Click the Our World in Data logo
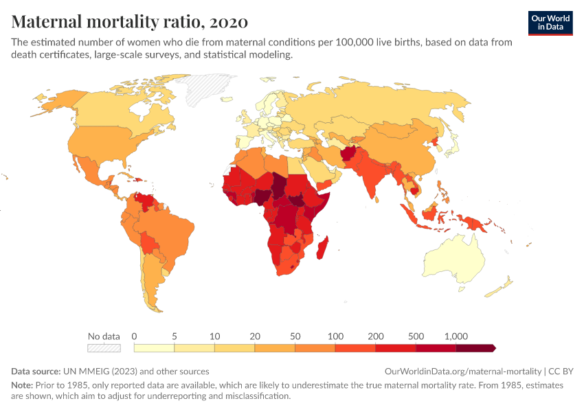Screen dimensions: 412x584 coord(550,22)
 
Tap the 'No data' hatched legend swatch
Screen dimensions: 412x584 coord(104,348)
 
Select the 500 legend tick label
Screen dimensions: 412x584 coord(416,336)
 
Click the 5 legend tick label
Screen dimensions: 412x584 coord(175,336)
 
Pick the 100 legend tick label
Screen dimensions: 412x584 coord(335,336)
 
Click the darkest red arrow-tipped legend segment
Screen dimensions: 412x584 coord(475,348)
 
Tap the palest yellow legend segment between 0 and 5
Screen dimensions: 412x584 coord(154,348)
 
